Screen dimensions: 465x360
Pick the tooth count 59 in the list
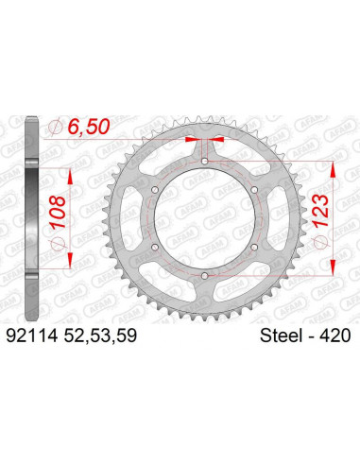coord(135,334)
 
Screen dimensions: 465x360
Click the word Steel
coord(276,334)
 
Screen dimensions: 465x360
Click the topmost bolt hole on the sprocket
coord(204,162)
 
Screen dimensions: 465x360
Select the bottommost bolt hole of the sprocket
coord(204,274)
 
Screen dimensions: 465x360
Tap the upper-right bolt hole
coord(253,190)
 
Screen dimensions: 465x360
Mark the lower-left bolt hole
coord(155,246)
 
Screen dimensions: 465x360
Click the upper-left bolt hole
coord(155,190)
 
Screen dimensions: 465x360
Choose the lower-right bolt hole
coord(253,246)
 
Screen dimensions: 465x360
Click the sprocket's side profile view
coord(34,217)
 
